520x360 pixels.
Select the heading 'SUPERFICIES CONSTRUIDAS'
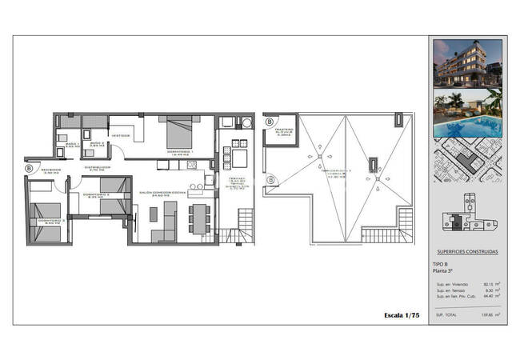tap(467, 251)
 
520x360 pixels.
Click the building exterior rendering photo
tap(467, 66)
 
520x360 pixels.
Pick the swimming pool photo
tap(467, 114)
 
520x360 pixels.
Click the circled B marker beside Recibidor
tap(30, 169)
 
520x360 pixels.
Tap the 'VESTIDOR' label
tap(121, 135)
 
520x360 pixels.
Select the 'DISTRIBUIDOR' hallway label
tap(96, 169)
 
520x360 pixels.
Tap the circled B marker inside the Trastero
tap(270, 123)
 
